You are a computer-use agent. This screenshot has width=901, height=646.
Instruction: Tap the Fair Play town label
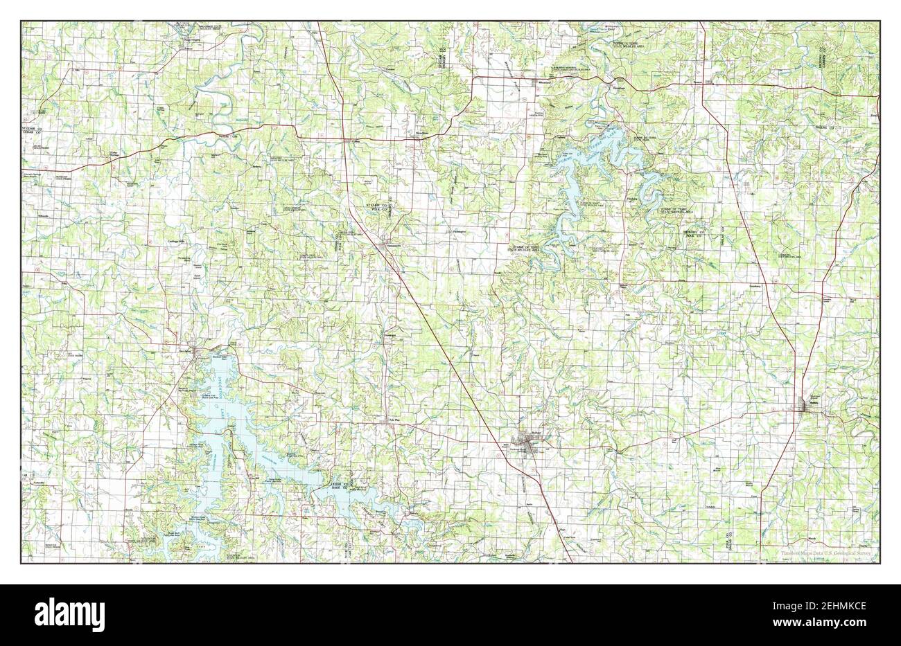point(394,420)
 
